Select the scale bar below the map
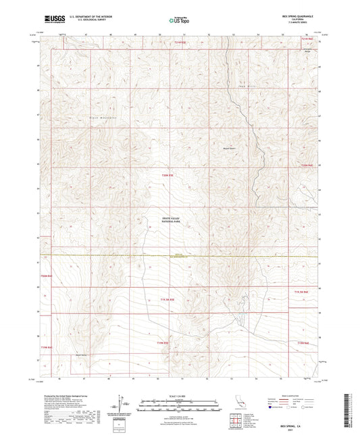pyautogui.click(x=180, y=402)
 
